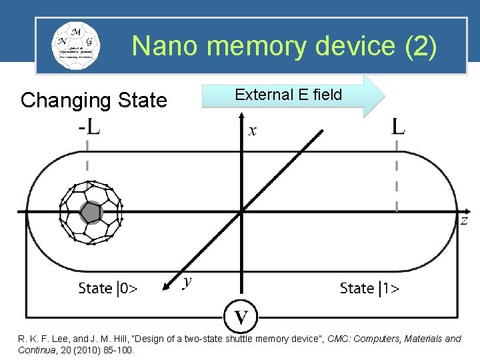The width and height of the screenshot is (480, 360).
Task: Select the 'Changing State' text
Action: (x=93, y=101)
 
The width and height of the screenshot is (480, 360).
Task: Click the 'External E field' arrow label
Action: (x=288, y=95)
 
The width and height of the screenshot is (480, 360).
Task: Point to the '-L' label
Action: (x=88, y=126)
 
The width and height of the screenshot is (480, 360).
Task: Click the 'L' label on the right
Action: (x=398, y=126)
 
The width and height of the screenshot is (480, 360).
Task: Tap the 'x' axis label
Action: (x=253, y=131)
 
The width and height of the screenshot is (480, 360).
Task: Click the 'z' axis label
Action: (x=464, y=220)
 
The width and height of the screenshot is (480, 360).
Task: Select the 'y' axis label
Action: (x=187, y=282)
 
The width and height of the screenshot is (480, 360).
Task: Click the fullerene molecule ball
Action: (x=91, y=212)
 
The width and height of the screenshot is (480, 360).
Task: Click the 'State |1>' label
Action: (x=369, y=288)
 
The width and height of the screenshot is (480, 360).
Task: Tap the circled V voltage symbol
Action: (x=241, y=315)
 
